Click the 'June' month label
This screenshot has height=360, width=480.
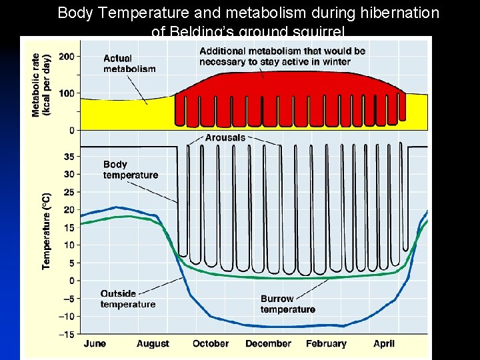coord(95,344)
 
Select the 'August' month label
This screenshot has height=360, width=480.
coord(153,344)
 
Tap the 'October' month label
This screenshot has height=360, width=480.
coord(210,344)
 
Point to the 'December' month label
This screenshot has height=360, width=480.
coord(268,344)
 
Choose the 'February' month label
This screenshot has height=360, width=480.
coord(326,344)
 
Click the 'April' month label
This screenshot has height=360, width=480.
coord(383,344)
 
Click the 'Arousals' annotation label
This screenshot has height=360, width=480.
coord(225,137)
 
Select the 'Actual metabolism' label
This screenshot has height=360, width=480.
coord(129,64)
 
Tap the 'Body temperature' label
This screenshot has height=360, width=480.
coord(131,169)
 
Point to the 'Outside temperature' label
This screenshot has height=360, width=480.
coord(127,299)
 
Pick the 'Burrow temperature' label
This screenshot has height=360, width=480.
coord(287,304)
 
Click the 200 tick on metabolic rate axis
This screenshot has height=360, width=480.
coord(66,57)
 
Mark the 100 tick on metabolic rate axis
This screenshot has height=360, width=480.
coord(66,93)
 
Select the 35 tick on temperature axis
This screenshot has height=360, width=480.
coord(69,156)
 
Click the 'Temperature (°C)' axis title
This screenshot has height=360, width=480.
coord(46,231)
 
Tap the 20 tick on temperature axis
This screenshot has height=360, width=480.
coord(69,209)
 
